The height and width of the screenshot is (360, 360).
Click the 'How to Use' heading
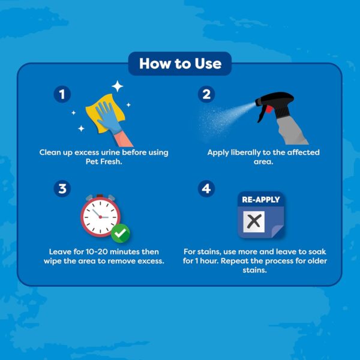[180, 64]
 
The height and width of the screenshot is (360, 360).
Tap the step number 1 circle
[62, 94]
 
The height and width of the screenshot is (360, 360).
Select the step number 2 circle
[206, 94]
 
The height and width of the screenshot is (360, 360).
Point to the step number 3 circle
[62, 188]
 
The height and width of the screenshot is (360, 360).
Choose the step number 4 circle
[206, 188]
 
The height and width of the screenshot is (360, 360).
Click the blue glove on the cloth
[108, 117]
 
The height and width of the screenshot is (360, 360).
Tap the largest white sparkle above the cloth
[118, 86]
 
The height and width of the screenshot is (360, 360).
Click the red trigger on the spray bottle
[268, 109]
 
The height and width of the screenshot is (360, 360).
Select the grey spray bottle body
[292, 131]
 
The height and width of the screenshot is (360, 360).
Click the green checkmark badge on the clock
[121, 233]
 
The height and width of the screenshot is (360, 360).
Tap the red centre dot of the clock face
[100, 217]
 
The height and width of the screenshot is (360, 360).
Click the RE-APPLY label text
[261, 200]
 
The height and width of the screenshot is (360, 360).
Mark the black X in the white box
[254, 221]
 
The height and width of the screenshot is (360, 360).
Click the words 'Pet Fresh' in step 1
[104, 161]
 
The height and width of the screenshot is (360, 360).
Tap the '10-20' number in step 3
[97, 252]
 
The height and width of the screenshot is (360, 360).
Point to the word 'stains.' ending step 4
[255, 270]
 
